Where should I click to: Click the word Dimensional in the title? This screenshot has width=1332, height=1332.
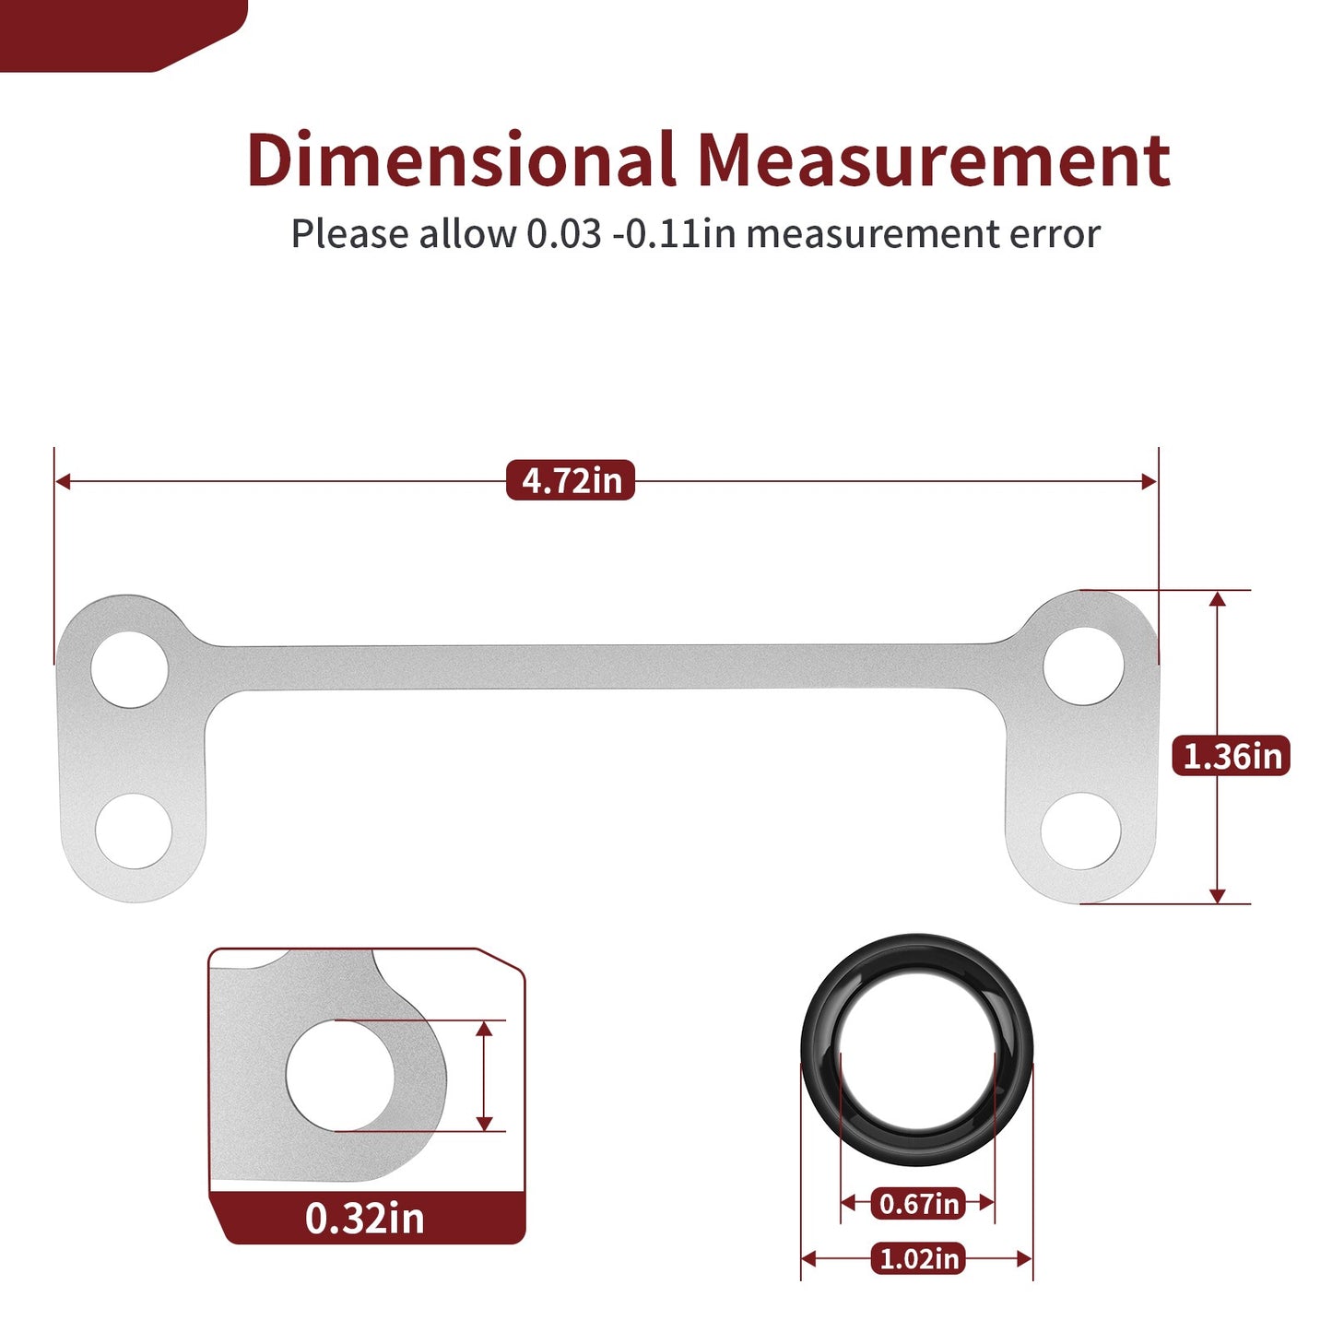(x=461, y=159)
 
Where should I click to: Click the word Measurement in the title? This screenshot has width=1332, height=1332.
(x=934, y=159)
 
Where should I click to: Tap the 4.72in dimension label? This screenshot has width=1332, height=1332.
(x=571, y=480)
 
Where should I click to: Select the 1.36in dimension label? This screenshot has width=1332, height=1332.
(x=1232, y=756)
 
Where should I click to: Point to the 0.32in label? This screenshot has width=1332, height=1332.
(x=365, y=1218)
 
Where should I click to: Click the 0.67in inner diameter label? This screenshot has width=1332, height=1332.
(x=918, y=1204)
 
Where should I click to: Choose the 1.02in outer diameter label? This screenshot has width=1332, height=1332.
(x=918, y=1259)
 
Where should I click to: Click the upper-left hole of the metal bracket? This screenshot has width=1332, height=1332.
(x=130, y=669)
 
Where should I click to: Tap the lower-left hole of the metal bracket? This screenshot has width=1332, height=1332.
(x=134, y=831)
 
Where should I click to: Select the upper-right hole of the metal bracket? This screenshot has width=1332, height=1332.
(x=1084, y=666)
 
